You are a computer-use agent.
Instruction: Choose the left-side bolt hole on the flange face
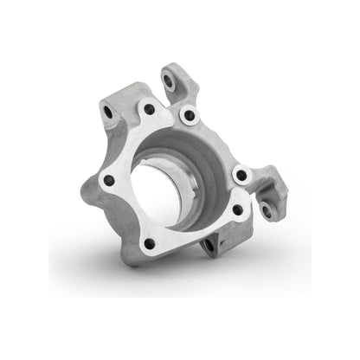(x=108, y=181)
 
